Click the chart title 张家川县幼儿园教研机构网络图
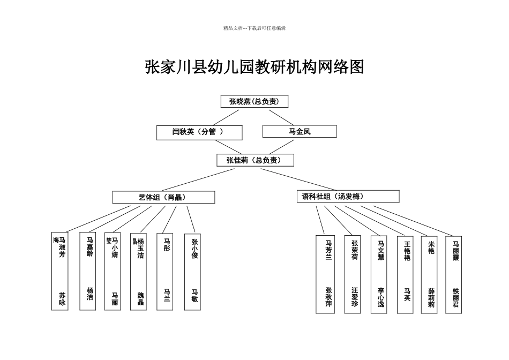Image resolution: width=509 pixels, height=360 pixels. pyautogui.click(x=254, y=67)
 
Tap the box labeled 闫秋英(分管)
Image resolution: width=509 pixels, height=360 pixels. pyautogui.click(x=199, y=132)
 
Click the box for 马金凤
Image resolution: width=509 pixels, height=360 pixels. pyautogui.click(x=300, y=131)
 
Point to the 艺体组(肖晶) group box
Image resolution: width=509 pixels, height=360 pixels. pyautogui.click(x=163, y=197)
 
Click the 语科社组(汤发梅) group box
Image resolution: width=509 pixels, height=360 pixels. pyautogui.click(x=348, y=197)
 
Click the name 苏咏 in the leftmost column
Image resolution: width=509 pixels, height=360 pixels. pyautogui.click(x=62, y=298)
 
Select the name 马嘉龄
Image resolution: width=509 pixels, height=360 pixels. pyautogui.click(x=89, y=247)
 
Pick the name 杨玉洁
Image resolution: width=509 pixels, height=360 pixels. pyautogui.click(x=140, y=249)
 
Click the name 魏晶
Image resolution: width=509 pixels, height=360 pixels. pyautogui.click(x=140, y=298)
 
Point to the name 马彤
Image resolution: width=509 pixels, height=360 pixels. pyautogui.click(x=167, y=244)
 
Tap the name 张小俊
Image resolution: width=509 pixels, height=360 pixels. pyautogui.click(x=194, y=249)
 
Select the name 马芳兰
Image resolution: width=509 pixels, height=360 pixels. pyautogui.click(x=328, y=250)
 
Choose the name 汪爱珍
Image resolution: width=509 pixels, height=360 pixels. pyautogui.click(x=355, y=297)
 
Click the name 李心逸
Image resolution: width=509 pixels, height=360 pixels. pyautogui.click(x=380, y=297)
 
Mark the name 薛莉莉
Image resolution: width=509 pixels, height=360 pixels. pyautogui.click(x=431, y=298)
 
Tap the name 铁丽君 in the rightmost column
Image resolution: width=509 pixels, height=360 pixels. pyautogui.click(x=455, y=298)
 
